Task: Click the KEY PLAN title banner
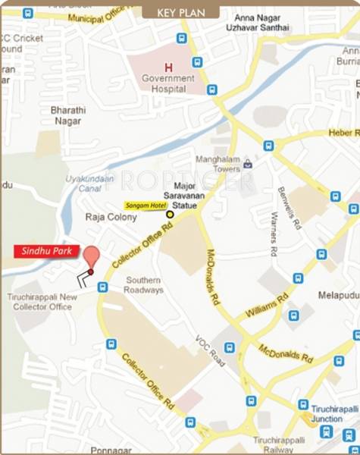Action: (180, 12)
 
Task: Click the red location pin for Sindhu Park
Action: (91, 256)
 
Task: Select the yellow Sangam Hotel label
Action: (145, 205)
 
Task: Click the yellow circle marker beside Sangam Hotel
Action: (170, 215)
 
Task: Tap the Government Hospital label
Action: (168, 83)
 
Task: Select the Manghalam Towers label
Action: (218, 165)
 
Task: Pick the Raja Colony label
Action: (111, 217)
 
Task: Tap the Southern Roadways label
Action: (144, 284)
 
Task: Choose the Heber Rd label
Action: (342, 133)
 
